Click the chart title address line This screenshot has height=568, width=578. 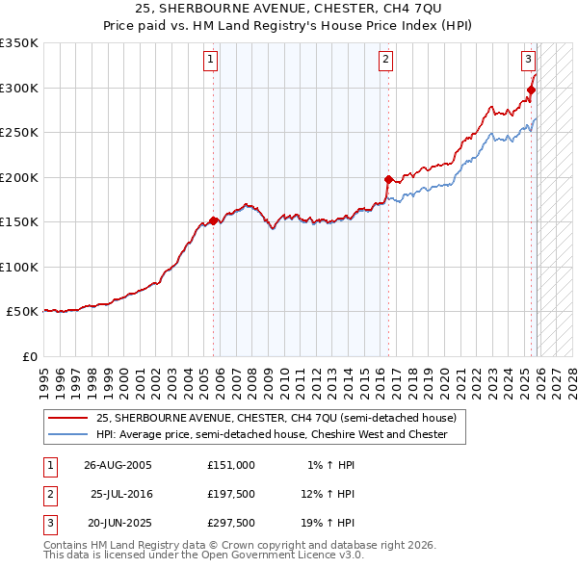click(289, 8)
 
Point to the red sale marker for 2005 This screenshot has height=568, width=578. click(213, 220)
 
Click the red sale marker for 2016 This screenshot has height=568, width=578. click(388, 179)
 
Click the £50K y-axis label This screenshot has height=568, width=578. click(22, 312)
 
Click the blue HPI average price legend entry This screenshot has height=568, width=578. click(272, 434)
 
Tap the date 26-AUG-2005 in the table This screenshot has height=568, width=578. click(118, 464)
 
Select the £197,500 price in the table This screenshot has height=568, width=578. click(230, 494)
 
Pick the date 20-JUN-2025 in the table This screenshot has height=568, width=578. click(119, 524)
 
